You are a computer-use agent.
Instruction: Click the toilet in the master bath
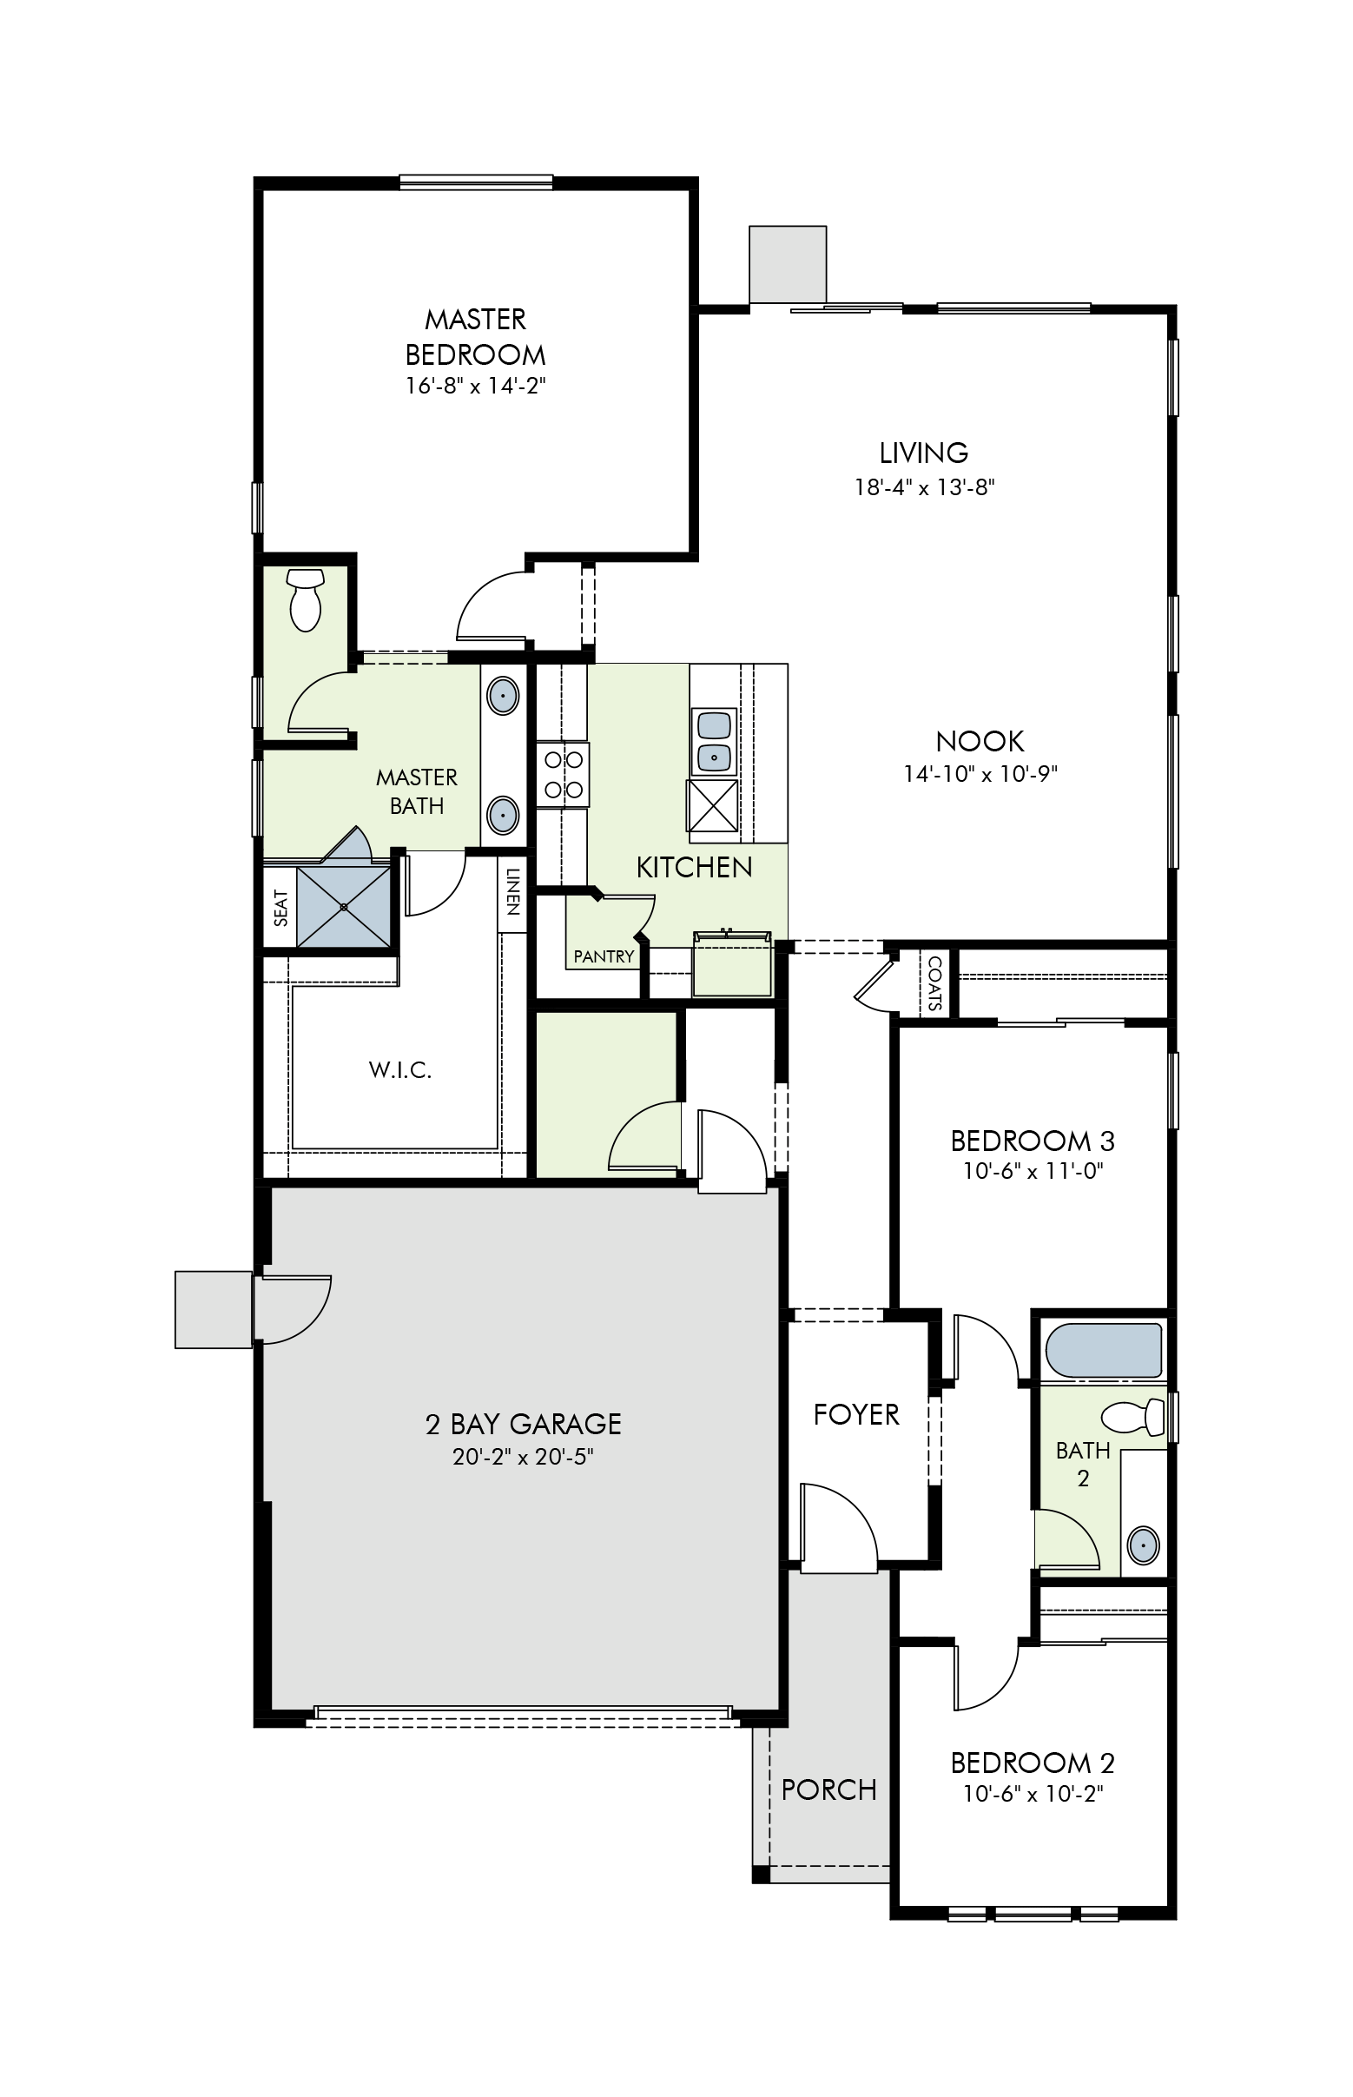pyautogui.click(x=306, y=599)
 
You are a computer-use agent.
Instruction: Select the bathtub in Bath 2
pyautogui.click(x=1104, y=1350)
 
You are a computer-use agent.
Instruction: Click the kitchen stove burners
pyautogui.click(x=563, y=774)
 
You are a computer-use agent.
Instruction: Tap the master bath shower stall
pyautogui.click(x=344, y=906)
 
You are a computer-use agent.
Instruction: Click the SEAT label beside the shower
pyautogui.click(x=281, y=908)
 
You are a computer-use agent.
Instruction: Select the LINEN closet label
pyautogui.click(x=512, y=892)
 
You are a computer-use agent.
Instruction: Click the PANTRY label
pyautogui.click(x=604, y=956)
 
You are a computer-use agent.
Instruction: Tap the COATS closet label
pyautogui.click(x=934, y=983)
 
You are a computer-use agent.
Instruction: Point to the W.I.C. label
pyautogui.click(x=399, y=1069)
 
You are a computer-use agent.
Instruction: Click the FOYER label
pyautogui.click(x=855, y=1414)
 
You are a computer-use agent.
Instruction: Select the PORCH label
pyautogui.click(x=828, y=1789)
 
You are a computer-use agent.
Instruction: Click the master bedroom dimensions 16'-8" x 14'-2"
pyautogui.click(x=475, y=386)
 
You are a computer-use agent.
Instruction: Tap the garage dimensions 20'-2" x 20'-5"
pyautogui.click(x=523, y=1456)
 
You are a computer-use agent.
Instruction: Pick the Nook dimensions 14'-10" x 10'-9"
pyautogui.click(x=980, y=773)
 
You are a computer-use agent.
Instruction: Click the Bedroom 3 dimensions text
pyautogui.click(x=1033, y=1171)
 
